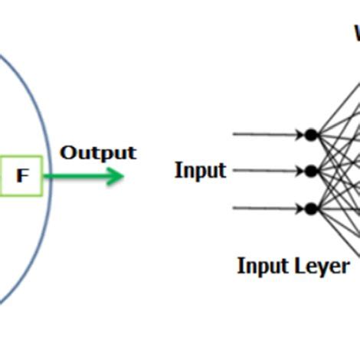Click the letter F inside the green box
tap(22, 176)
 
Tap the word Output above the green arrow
tap(98, 152)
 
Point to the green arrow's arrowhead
tap(116, 176)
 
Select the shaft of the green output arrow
tap(77, 176)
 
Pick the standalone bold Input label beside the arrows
tap(200, 170)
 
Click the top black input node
tap(310, 135)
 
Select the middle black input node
tap(310, 171)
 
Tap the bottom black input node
tap(310, 208)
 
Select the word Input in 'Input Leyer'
tap(263, 266)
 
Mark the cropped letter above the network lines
tap(357, 34)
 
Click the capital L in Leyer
tap(299, 266)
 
